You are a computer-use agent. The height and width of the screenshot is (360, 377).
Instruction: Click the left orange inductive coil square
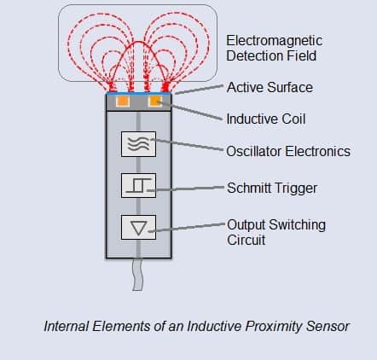pyautogui.click(x=123, y=101)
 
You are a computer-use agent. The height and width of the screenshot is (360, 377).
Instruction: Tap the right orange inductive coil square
pyautogui.click(x=155, y=101)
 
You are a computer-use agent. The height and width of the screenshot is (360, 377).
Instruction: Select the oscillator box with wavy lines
pyautogui.click(x=138, y=144)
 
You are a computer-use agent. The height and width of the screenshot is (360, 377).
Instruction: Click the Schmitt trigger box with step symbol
pyautogui.click(x=138, y=185)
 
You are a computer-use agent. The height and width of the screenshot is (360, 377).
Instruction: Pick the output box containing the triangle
pyautogui.click(x=138, y=228)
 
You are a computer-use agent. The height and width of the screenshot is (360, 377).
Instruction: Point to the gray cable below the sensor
pyautogui.click(x=138, y=275)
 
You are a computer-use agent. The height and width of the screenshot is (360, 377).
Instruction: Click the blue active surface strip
pyautogui.click(x=138, y=93)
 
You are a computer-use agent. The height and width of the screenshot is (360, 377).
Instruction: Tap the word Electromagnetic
pyautogui.click(x=274, y=41)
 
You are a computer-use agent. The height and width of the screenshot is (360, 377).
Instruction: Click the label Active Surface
pyautogui.click(x=270, y=87)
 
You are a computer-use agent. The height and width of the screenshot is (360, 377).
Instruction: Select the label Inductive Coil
pyautogui.click(x=266, y=119)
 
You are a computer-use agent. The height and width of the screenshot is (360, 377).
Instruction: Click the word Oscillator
pyautogui.click(x=254, y=151)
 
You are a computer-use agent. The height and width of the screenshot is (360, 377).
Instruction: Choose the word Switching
pyautogui.click(x=297, y=225)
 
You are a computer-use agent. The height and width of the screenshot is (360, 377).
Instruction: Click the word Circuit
pyautogui.click(x=246, y=240)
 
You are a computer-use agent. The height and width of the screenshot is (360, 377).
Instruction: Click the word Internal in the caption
pyautogui.click(x=67, y=326)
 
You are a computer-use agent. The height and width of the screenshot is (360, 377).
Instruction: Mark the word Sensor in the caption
pyautogui.click(x=328, y=327)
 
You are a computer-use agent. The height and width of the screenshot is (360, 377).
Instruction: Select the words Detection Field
pyautogui.click(x=271, y=55)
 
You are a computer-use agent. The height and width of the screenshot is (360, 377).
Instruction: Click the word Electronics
pyautogui.click(x=317, y=151)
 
